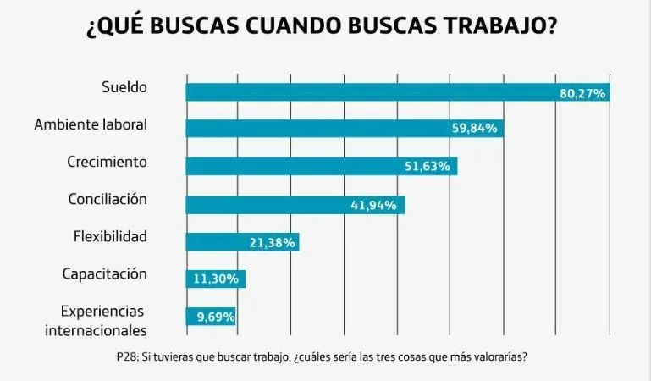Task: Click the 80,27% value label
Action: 582,93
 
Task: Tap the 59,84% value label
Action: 477,129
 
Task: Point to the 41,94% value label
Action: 373,205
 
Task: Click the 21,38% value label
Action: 272,243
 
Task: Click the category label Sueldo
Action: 124,86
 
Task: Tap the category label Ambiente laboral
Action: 91,124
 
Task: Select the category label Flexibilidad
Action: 110,236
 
